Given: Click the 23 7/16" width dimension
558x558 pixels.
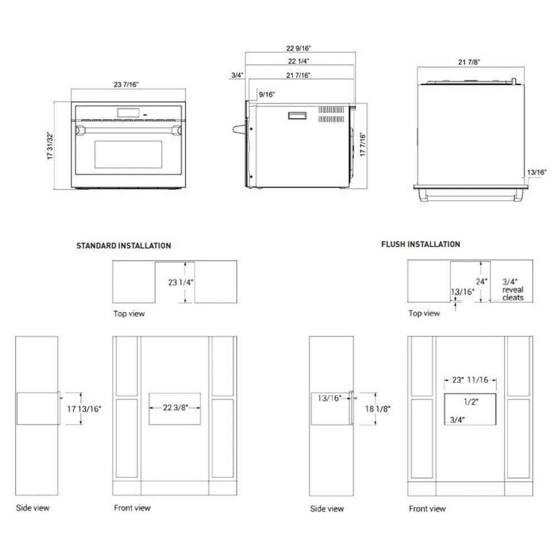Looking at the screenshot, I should (x=126, y=84).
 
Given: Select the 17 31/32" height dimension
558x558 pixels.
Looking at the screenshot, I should (x=50, y=146).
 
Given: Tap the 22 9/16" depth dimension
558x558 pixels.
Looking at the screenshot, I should (x=300, y=48).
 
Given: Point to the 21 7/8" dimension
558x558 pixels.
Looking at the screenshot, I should (x=469, y=62).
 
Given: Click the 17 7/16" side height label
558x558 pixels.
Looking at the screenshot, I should (x=363, y=145).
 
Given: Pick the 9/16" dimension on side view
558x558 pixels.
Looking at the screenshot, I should (x=267, y=95).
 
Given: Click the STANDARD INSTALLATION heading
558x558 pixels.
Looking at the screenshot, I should (x=123, y=246).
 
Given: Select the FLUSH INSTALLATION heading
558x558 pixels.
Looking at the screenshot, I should (x=420, y=244).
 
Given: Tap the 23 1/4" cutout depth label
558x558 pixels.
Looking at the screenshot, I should (x=180, y=282).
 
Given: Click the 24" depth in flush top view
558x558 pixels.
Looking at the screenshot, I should (x=482, y=282).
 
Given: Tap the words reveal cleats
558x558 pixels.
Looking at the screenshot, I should (x=513, y=294).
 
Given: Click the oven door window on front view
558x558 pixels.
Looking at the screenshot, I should (x=128, y=154).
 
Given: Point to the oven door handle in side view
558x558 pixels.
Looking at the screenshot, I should (x=241, y=130).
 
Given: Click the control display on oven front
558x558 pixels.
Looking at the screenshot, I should (x=128, y=113).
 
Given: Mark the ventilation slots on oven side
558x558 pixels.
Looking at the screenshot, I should (x=331, y=114).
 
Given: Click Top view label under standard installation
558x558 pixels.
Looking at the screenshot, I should (x=129, y=314).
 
